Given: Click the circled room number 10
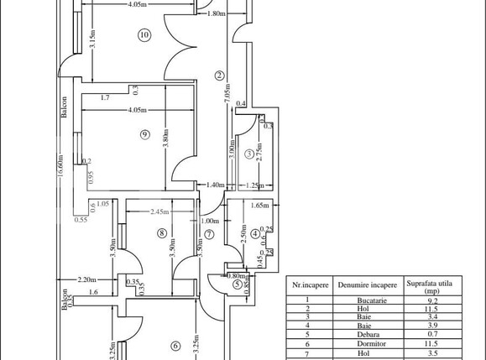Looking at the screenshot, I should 144,35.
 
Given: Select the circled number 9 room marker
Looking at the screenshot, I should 144,134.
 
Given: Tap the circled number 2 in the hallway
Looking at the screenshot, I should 219,75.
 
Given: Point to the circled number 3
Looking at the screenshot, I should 249,154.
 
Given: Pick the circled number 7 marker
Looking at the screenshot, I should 210,234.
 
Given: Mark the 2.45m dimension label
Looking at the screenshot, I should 162,211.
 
